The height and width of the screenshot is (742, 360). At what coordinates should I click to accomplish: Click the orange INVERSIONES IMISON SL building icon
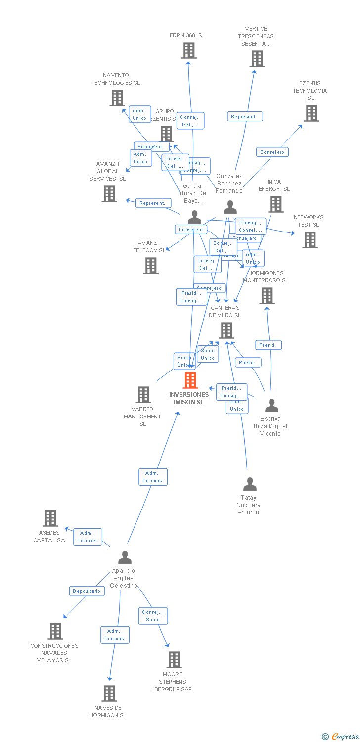point(190,380)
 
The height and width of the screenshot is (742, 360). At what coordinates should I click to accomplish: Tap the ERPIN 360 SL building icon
point(188,50)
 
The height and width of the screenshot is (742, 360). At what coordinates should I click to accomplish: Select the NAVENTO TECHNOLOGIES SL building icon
point(117,98)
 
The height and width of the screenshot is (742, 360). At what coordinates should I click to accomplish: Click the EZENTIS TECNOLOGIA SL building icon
point(311,113)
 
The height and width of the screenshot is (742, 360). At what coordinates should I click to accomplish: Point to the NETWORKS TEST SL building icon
point(310,240)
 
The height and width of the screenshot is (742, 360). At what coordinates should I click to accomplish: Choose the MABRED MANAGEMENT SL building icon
point(143,395)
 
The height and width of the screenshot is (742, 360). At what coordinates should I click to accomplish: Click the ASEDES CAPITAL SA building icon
point(50,518)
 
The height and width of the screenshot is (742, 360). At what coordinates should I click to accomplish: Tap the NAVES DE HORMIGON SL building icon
point(109,694)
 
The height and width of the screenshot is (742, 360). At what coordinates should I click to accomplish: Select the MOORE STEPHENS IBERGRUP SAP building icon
point(174,660)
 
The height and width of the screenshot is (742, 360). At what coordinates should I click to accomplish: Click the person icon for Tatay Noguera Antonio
point(250,484)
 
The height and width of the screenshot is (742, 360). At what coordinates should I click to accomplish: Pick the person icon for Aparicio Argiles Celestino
point(125,557)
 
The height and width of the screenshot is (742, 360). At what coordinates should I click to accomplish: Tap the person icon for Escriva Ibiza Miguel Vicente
point(271,406)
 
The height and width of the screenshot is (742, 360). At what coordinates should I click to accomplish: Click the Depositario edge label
point(87,591)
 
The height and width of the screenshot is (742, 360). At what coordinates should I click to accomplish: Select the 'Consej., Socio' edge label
point(153,616)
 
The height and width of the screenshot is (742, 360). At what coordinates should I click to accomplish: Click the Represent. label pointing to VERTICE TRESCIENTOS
point(244,116)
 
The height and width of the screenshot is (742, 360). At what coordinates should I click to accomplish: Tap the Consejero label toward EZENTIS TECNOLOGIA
point(272,152)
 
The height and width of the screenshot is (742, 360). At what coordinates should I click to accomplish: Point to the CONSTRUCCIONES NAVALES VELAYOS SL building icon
point(55,631)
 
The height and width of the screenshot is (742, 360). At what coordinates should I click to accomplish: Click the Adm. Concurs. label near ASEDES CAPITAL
point(88,537)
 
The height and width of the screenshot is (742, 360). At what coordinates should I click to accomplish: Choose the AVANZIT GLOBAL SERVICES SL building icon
point(109,194)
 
